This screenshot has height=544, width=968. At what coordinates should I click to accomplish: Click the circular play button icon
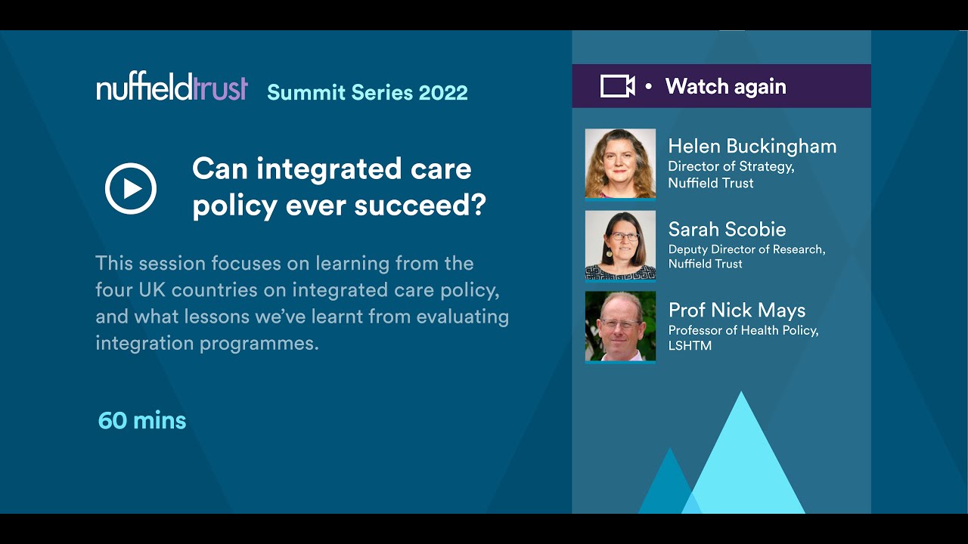point(131,188)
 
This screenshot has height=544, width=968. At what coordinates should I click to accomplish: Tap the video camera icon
point(617,86)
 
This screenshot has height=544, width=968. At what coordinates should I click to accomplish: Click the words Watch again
point(725,87)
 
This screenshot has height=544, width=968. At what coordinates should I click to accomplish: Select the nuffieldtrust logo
point(172,88)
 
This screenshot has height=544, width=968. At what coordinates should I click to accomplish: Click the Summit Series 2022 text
point(368,92)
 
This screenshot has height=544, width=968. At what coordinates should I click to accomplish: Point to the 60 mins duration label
point(142,420)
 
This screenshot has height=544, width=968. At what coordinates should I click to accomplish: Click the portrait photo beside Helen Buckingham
point(620,163)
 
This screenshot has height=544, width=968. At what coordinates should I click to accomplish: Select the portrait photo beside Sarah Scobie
point(620,245)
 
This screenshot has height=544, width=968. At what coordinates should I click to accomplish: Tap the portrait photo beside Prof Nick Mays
point(620,326)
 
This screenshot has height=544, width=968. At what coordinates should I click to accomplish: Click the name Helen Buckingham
point(752,146)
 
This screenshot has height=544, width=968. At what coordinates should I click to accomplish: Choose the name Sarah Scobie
point(727,229)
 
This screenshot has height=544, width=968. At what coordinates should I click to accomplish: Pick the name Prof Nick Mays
point(737,310)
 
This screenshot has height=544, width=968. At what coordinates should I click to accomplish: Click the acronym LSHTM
point(690,346)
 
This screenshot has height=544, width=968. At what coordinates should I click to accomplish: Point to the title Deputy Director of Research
point(746,249)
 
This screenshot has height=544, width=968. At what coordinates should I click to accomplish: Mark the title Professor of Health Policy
point(743,330)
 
